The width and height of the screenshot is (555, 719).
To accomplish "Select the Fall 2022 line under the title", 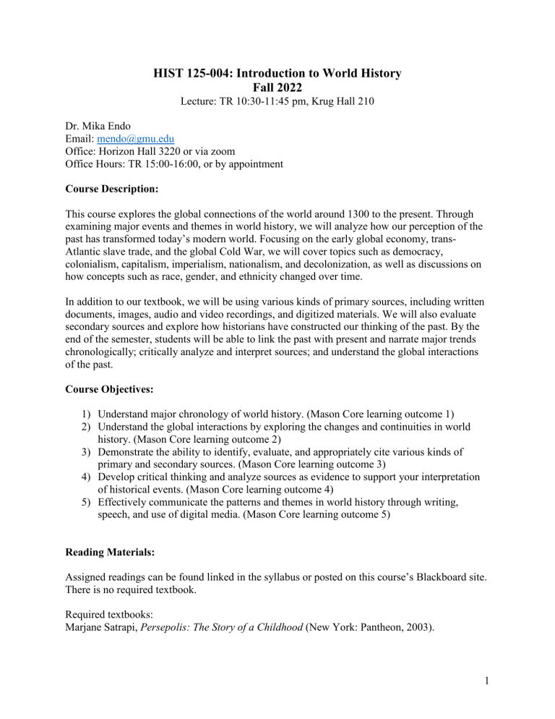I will coord(277,89).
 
